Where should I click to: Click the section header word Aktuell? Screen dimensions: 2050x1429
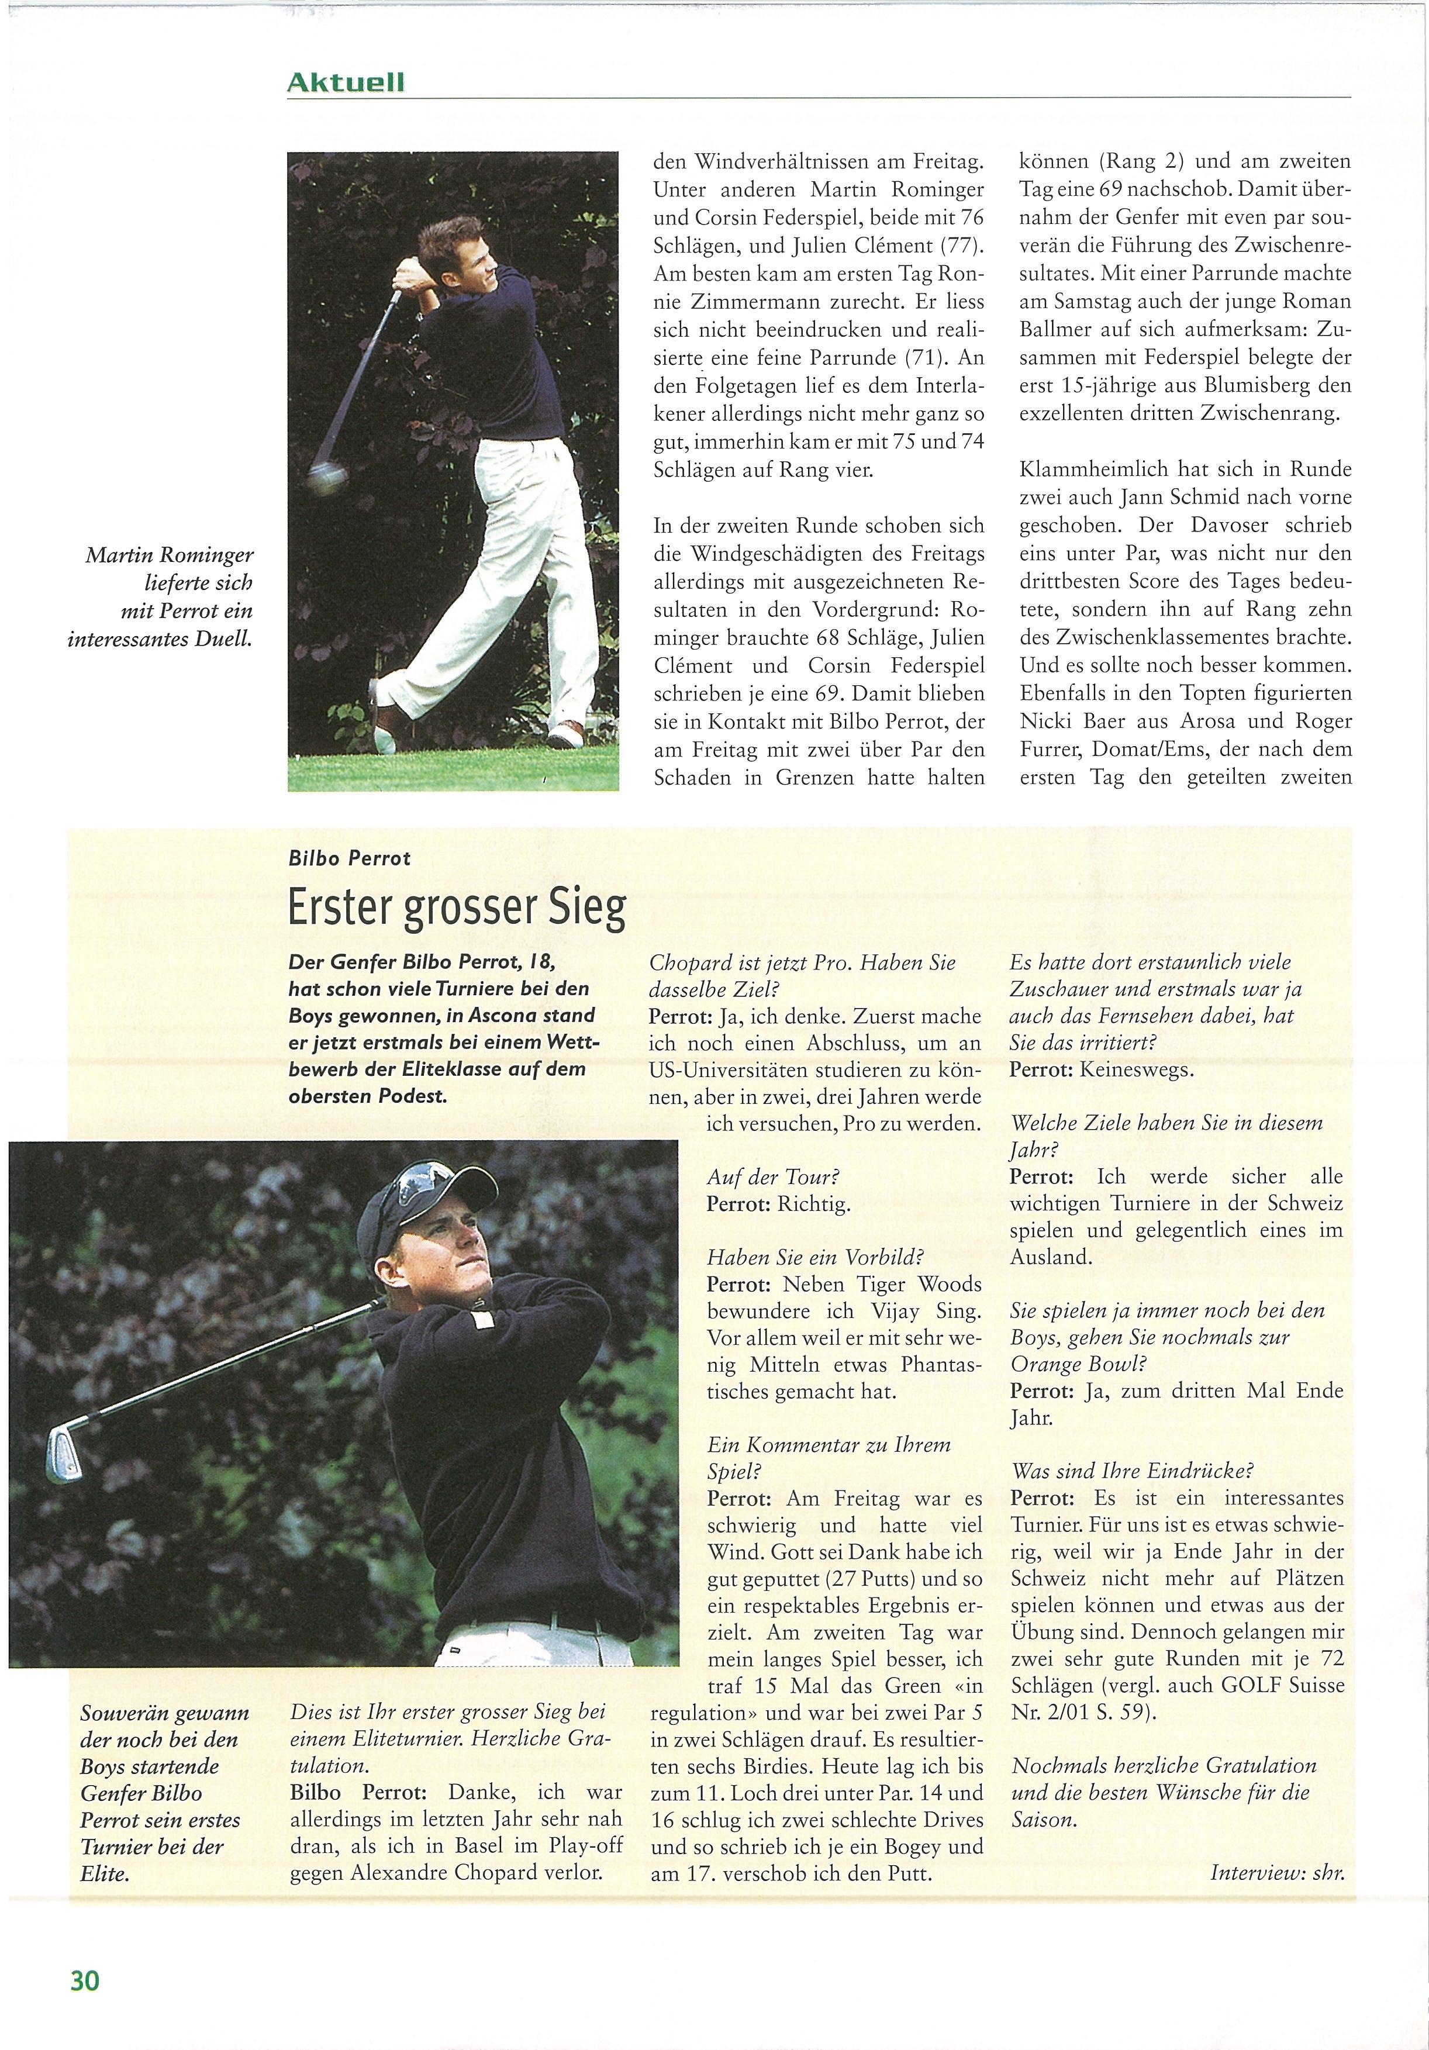346,82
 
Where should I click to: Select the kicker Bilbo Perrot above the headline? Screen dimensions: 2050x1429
349,858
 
